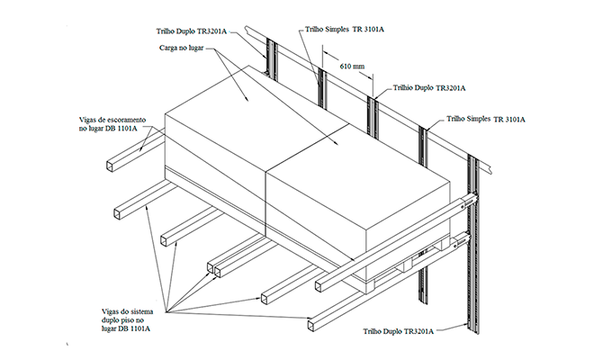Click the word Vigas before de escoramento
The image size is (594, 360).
pos(88,118)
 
